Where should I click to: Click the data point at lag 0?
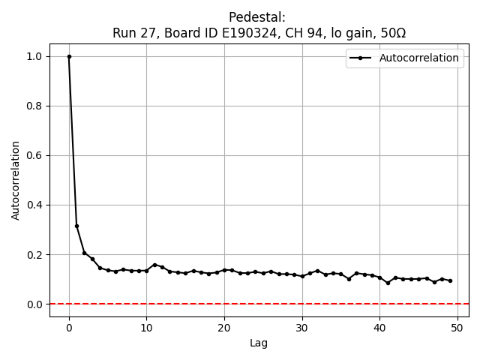[69, 56]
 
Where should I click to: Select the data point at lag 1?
[76, 226]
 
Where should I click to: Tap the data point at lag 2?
[85, 253]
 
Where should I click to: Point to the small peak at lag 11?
[154, 265]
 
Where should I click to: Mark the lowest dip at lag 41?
[388, 283]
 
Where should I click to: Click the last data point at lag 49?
[450, 280]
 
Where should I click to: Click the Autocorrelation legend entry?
[418, 58]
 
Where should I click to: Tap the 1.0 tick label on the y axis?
[34, 56]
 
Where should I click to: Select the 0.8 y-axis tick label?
[34, 106]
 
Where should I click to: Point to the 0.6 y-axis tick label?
[34, 155]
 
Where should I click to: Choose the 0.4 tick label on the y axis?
[34, 205]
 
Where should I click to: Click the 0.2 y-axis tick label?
[34, 254]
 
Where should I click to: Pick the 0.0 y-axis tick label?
[34, 304]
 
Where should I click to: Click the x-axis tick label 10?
[146, 327]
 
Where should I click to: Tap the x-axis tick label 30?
[302, 327]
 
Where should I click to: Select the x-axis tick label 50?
[457, 327]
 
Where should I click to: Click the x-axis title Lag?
[259, 343]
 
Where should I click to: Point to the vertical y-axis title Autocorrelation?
[16, 180]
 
